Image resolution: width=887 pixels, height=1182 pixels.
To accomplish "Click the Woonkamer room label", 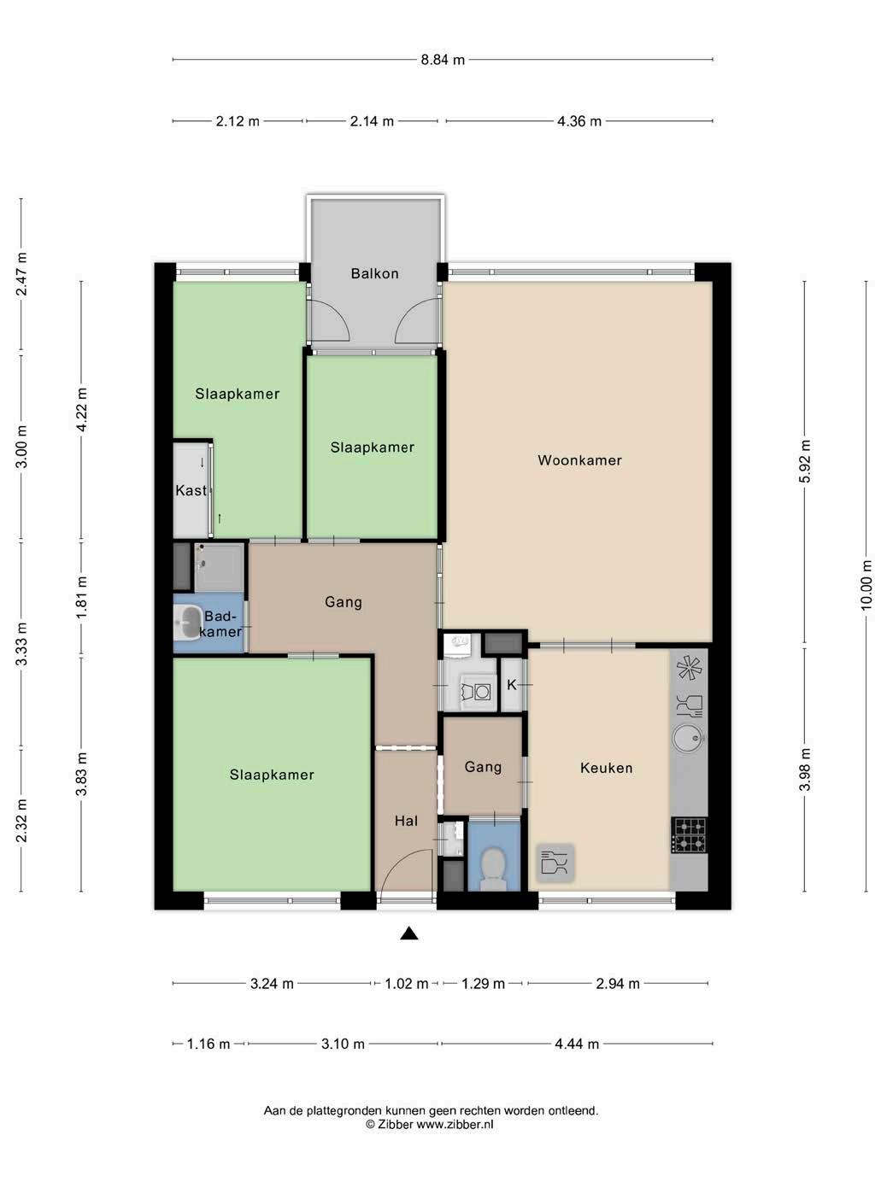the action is pyautogui.click(x=579, y=460).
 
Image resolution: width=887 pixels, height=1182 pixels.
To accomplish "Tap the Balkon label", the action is pyautogui.click(x=375, y=273).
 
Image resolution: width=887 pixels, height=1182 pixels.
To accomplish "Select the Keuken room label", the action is pyautogui.click(x=607, y=768).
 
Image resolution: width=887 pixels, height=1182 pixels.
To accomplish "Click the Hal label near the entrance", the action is pyautogui.click(x=406, y=821).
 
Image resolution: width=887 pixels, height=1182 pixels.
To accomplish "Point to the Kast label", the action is pyautogui.click(x=191, y=490).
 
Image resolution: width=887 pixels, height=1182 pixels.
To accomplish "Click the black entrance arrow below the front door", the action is pyautogui.click(x=409, y=933).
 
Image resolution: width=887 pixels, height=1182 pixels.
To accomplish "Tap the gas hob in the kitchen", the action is pyautogui.click(x=690, y=835).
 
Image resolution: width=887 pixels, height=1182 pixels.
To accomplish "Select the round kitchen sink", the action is pyautogui.click(x=688, y=738).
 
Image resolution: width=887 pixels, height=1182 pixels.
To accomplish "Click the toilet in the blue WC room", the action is pyautogui.click(x=493, y=868).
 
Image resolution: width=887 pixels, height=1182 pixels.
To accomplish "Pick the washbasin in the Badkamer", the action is pyautogui.click(x=187, y=623).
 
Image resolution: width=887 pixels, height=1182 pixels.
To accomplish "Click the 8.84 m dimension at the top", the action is pyautogui.click(x=443, y=60).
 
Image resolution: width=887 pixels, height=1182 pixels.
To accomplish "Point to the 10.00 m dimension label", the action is pyautogui.click(x=866, y=585).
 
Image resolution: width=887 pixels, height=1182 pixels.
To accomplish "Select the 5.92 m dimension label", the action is pyautogui.click(x=805, y=461).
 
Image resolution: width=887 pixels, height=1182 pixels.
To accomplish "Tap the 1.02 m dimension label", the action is pyautogui.click(x=407, y=984).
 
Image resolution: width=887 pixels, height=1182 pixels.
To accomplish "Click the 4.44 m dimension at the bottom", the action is pyautogui.click(x=577, y=1044).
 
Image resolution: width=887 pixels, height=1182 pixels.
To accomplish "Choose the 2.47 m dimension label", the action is pyautogui.click(x=21, y=274).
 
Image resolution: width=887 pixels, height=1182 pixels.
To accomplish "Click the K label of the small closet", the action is pyautogui.click(x=512, y=685).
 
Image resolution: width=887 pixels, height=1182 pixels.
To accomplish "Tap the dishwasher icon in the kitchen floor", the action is pyautogui.click(x=555, y=863).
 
